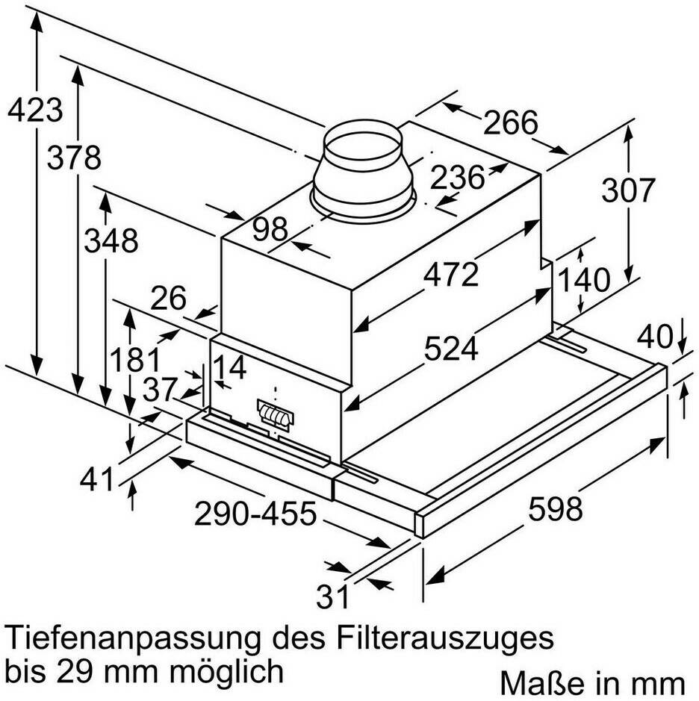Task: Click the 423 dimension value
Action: (35, 110)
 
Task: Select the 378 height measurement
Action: (74, 158)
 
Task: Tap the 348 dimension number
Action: (111, 240)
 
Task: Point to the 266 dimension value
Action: (510, 122)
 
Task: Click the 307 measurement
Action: (628, 190)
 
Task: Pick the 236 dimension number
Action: (458, 178)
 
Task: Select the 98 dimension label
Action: (270, 229)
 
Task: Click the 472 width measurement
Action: (451, 275)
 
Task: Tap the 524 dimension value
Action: (451, 349)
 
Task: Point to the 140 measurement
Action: (583, 280)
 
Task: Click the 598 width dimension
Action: (556, 508)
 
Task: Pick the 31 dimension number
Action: (332, 596)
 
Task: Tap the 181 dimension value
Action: (135, 360)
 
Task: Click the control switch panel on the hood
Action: (276, 415)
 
